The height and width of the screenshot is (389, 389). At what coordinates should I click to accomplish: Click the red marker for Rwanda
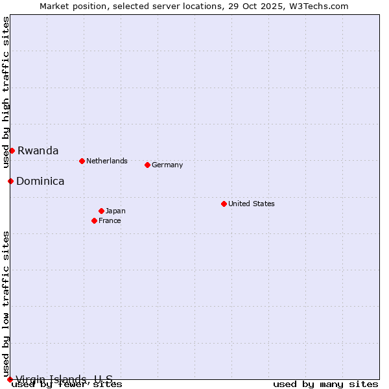pyautogui.click(x=12, y=150)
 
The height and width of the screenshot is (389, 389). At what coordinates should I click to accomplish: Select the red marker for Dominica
pyautogui.click(x=10, y=181)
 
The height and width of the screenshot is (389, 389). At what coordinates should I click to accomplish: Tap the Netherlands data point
pyautogui.click(x=82, y=161)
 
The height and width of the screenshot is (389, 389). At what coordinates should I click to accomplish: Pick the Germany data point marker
pyautogui.click(x=147, y=165)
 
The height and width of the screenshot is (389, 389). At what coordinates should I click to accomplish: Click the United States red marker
pyautogui.click(x=224, y=204)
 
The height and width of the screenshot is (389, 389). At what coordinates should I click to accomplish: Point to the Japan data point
pyautogui.click(x=101, y=211)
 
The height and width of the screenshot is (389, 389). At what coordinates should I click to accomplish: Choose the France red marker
pyautogui.click(x=94, y=220)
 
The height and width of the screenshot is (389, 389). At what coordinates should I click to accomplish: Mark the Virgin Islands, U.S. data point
pyautogui.click(x=10, y=379)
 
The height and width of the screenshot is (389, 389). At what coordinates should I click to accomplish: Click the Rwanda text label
pyautogui.click(x=38, y=150)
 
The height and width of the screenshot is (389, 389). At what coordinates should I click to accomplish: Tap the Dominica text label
pyautogui.click(x=40, y=181)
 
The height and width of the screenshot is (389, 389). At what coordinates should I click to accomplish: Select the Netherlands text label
pyautogui.click(x=107, y=161)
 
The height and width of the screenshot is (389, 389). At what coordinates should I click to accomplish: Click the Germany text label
pyautogui.click(x=167, y=165)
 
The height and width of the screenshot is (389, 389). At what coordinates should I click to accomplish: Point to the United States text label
pyautogui.click(x=252, y=204)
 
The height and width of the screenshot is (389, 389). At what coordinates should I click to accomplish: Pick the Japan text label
pyautogui.click(x=115, y=211)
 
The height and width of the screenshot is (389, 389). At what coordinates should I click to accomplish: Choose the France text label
pyautogui.click(x=110, y=220)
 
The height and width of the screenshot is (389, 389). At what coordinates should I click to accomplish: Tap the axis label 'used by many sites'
pyautogui.click(x=325, y=384)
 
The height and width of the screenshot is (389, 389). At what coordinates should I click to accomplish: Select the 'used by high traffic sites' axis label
pyautogui.click(x=6, y=92)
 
